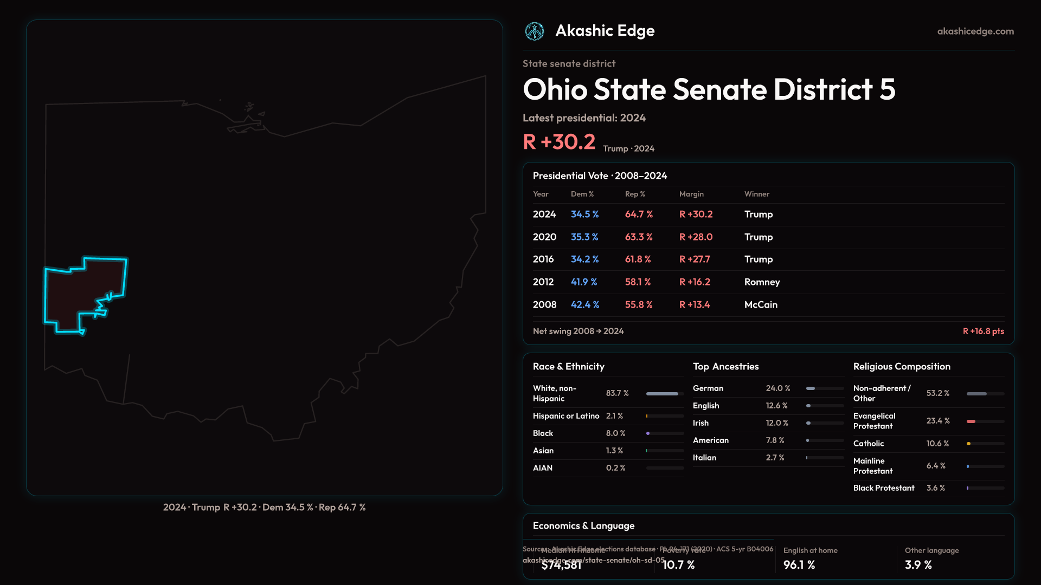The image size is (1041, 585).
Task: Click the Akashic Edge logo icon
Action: (x=535, y=31)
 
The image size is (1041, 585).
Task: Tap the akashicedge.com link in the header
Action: (x=975, y=31)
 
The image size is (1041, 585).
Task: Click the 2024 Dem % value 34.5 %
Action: (x=584, y=214)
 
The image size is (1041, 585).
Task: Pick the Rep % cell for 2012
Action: (x=638, y=282)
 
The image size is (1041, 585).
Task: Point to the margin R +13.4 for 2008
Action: (x=695, y=305)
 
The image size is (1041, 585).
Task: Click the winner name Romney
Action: (x=762, y=282)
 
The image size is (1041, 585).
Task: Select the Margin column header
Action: (x=691, y=194)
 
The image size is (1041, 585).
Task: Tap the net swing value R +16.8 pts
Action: (x=983, y=331)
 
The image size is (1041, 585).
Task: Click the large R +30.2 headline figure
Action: (x=559, y=142)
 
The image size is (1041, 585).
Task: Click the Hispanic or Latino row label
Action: (x=566, y=416)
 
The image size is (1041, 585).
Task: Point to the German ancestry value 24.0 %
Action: (x=778, y=388)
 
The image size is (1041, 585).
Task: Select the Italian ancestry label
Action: (x=704, y=458)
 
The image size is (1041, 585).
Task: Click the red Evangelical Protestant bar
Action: (x=971, y=421)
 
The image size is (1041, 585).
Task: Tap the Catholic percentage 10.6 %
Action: (x=937, y=444)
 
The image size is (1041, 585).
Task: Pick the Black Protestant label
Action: (x=884, y=488)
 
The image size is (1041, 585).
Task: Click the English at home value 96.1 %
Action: (x=799, y=565)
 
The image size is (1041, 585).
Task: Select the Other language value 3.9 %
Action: (x=918, y=565)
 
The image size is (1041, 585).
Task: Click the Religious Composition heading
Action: (x=902, y=367)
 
